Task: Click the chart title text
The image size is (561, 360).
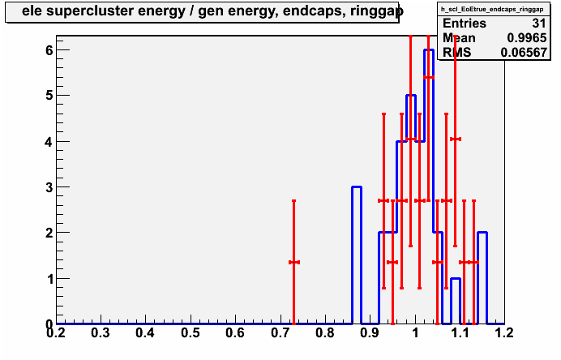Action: [x=212, y=11]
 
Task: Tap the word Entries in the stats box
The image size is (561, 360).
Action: [x=465, y=24]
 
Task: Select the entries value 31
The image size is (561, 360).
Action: [x=539, y=24]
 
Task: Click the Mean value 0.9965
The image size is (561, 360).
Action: [x=527, y=38]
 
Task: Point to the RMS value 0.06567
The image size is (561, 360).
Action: [x=524, y=53]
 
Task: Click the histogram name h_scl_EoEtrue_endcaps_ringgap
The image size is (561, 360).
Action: [x=494, y=9]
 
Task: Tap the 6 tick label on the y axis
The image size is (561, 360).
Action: [x=49, y=50]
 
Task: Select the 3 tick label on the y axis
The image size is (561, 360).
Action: [x=49, y=187]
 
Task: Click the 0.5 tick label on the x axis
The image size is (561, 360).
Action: [x=191, y=333]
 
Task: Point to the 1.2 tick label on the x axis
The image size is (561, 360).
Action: [x=505, y=333]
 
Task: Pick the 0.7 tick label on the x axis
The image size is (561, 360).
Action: [x=280, y=333]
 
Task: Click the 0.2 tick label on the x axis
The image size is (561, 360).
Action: [x=56, y=333]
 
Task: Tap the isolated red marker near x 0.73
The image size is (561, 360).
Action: [x=293, y=263]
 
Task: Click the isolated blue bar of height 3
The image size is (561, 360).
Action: [x=357, y=255]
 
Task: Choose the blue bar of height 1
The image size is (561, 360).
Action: [x=456, y=302]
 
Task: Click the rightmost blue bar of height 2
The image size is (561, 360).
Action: [x=482, y=278]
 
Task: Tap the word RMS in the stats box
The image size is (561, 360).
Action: [x=457, y=53]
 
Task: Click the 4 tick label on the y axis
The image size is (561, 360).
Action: [x=49, y=142]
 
